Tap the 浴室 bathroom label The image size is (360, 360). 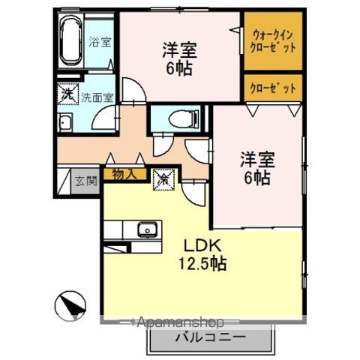pos(99,42)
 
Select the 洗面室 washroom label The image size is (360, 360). pos(97,96)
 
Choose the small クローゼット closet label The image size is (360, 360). pos(273,88)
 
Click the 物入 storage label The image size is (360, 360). pos(123,174)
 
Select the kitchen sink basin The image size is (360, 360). pos(146,228)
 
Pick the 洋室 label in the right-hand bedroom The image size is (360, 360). pos(256,160)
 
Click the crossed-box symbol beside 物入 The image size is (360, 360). pos(161,179)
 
